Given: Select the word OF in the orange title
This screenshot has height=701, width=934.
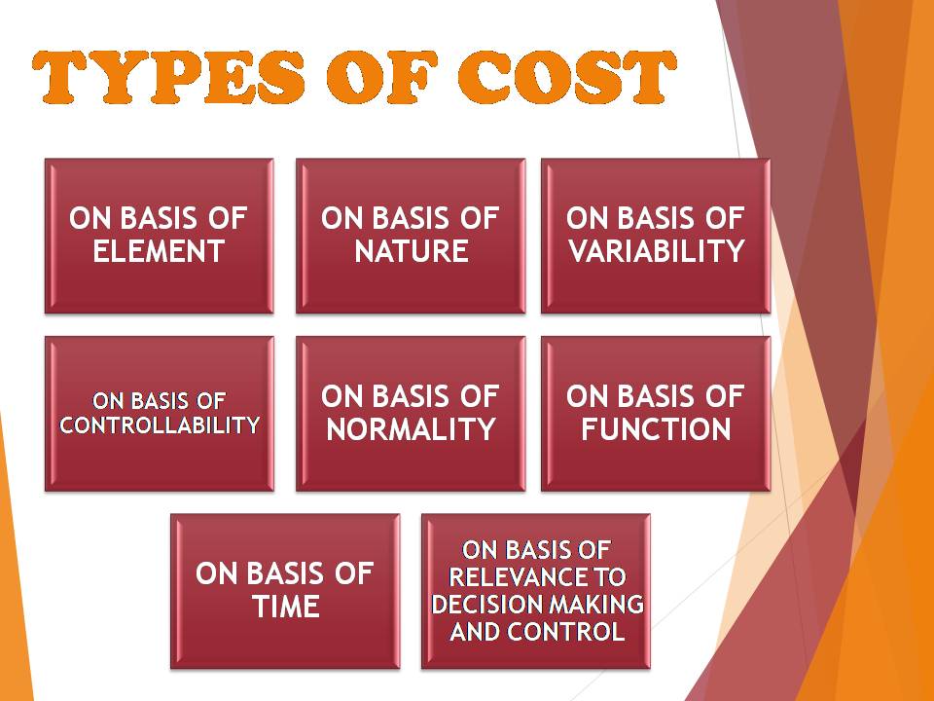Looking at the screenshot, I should coord(380,78).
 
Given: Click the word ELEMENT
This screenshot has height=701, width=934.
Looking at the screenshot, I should coord(159,251).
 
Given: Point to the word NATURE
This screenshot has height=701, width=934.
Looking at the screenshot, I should coord(412,251).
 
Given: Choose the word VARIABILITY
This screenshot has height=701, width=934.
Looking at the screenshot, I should coord(656,251).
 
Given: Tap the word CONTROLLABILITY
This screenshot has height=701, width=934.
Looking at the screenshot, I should coord(160,425).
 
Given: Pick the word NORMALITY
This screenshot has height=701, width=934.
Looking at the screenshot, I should coord(412,428).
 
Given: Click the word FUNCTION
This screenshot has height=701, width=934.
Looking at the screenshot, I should coord(656,428).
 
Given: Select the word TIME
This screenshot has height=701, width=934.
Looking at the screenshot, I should coord(285,607).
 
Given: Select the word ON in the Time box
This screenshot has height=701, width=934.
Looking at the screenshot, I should coord(215,573).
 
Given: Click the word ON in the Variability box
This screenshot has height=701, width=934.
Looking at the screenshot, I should coord(586,218).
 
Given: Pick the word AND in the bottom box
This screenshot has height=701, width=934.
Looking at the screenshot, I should coord(473,631).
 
